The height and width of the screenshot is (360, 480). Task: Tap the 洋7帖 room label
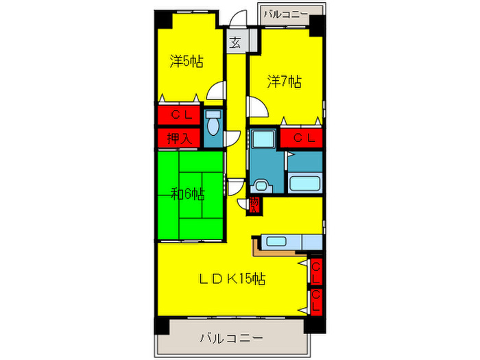(283, 82)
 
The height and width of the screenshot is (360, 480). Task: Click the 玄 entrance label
(235, 43)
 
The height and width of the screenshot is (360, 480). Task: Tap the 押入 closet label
(180, 138)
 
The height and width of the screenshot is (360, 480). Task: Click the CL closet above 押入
(180, 115)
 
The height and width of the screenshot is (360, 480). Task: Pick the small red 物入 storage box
(254, 204)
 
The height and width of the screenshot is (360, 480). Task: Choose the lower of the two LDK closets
(316, 301)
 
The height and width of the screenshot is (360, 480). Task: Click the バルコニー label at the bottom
(231, 338)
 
